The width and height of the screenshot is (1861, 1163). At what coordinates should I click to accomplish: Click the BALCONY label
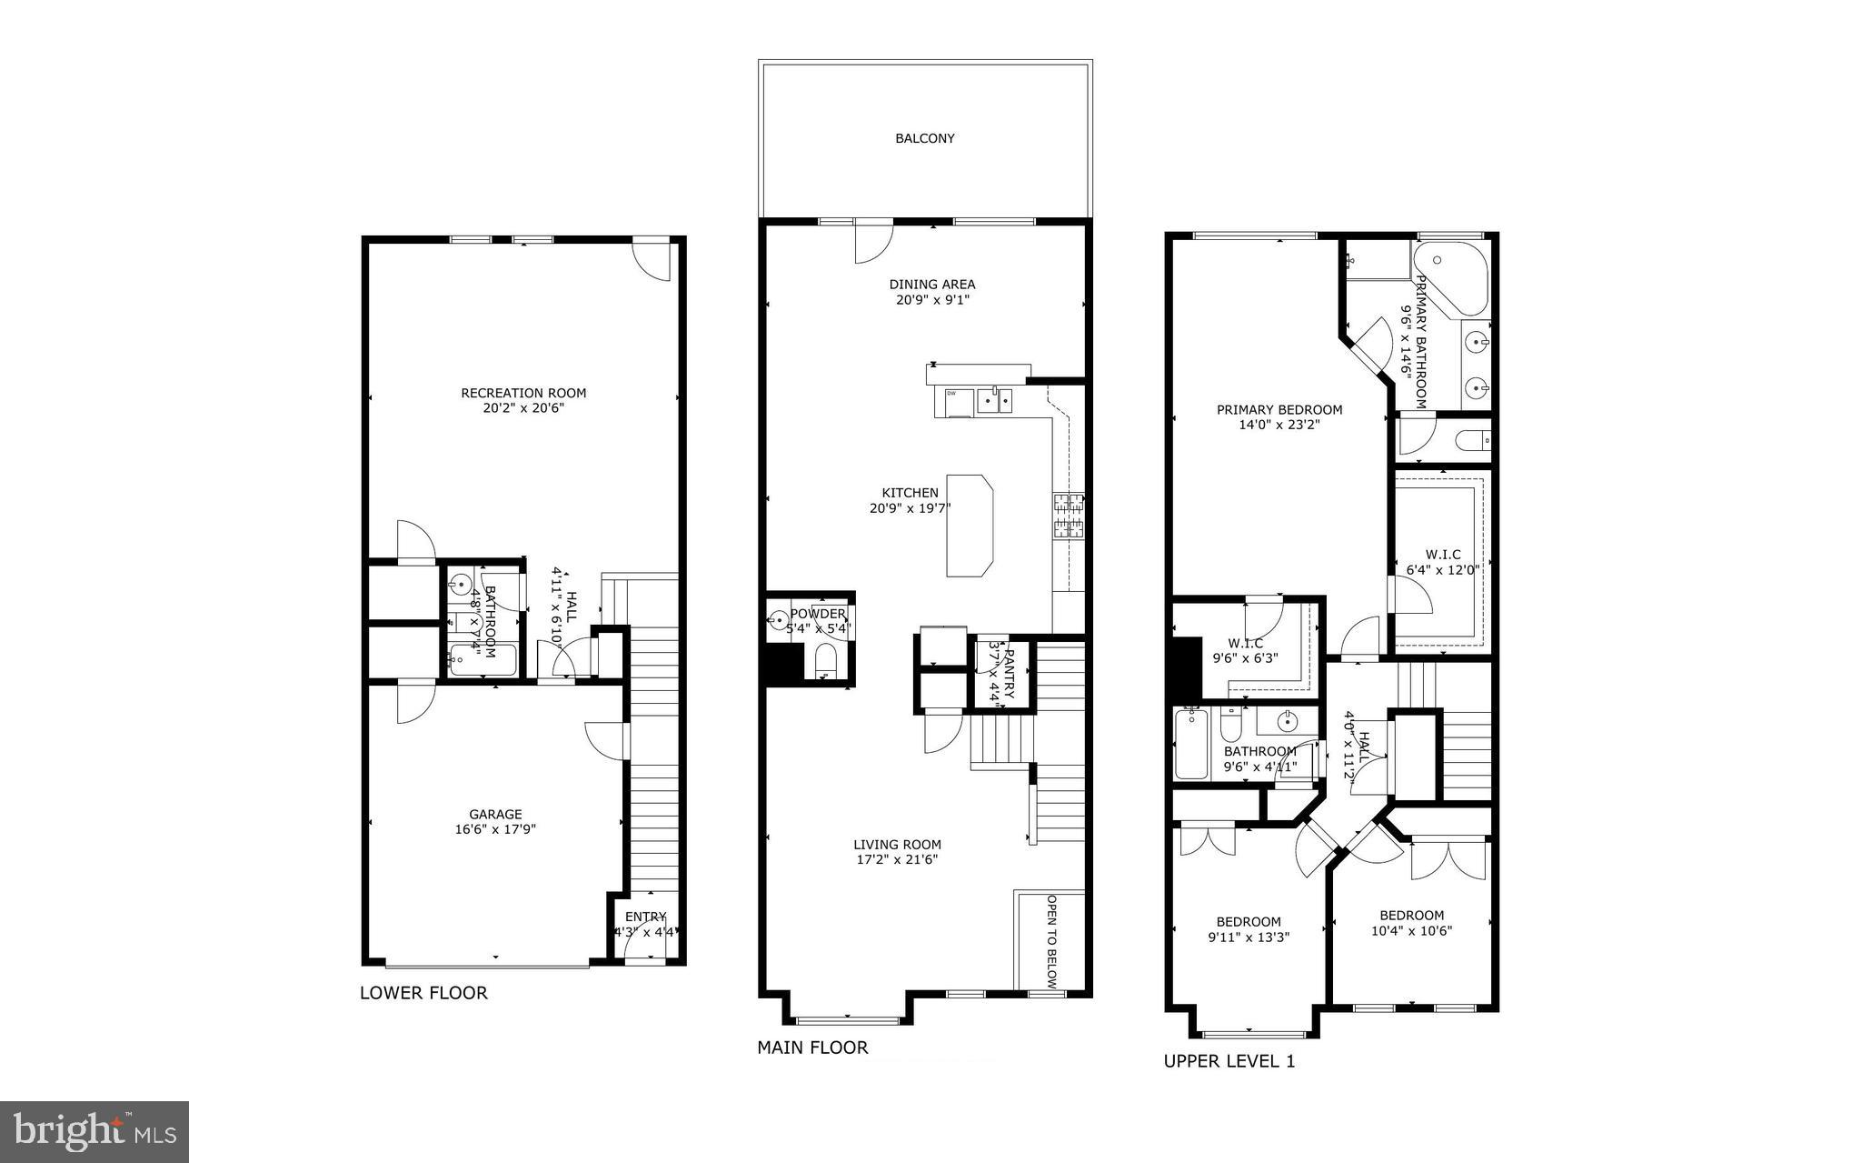tap(925, 139)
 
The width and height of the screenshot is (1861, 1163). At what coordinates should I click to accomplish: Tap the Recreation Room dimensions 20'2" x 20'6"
tap(523, 408)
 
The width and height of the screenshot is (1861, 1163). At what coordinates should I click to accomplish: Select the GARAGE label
tap(495, 815)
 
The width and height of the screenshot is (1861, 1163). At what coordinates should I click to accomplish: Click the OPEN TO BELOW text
tap(1051, 942)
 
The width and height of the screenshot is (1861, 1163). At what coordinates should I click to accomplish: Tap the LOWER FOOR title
tap(423, 993)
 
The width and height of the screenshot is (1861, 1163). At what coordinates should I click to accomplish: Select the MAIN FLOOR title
tap(812, 1048)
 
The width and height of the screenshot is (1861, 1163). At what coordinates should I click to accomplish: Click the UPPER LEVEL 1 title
tap(1229, 1061)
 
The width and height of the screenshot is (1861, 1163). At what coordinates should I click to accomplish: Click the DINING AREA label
tap(932, 285)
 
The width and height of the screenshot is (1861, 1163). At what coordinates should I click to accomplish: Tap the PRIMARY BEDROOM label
tap(1279, 410)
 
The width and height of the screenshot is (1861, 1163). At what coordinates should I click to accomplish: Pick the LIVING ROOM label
tap(897, 844)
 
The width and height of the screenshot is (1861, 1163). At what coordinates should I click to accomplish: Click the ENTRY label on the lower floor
tap(645, 917)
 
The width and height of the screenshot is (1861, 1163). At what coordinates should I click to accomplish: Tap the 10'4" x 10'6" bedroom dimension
tap(1412, 930)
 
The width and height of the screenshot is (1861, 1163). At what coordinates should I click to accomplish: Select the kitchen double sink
tap(995, 399)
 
